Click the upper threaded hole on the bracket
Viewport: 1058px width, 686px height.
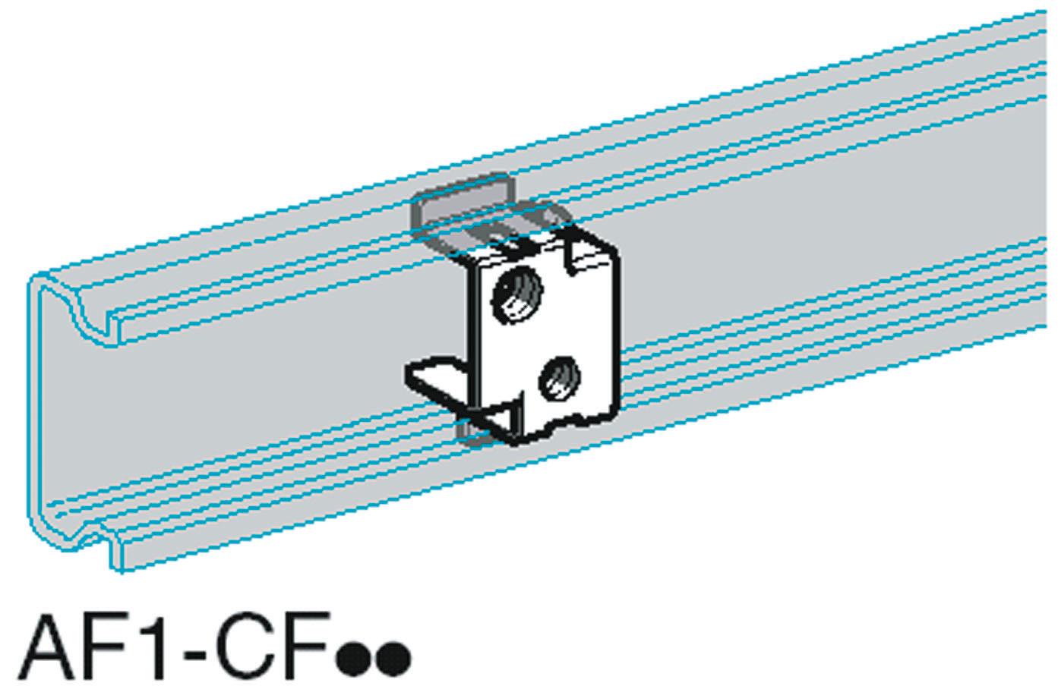pyautogui.click(x=517, y=294)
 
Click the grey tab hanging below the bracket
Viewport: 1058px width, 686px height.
pyautogui.click(x=469, y=434)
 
